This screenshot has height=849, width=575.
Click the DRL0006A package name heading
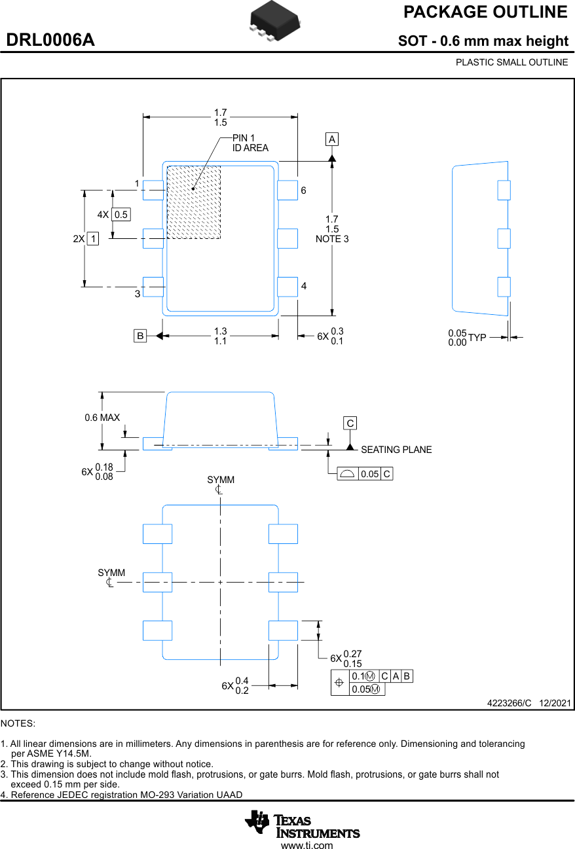[50, 40]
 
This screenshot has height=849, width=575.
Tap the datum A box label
[332, 139]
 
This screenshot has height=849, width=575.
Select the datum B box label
[140, 336]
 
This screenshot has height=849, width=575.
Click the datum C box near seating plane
[350, 423]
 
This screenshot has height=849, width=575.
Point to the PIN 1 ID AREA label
[250, 143]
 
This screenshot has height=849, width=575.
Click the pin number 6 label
[303, 190]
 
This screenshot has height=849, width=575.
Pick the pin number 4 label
[304, 286]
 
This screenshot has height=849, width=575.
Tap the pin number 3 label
[138, 294]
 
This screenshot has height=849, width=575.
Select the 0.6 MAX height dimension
[102, 417]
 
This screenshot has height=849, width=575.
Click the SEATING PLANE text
[396, 450]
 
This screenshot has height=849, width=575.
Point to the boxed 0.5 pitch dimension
[121, 215]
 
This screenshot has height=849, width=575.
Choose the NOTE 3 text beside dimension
[332, 239]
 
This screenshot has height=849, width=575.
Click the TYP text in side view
[477, 337]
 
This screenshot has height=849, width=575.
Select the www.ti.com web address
[307, 845]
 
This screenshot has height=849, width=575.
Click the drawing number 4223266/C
[509, 703]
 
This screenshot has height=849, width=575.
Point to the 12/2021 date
[555, 703]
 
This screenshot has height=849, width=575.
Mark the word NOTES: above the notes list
[18, 723]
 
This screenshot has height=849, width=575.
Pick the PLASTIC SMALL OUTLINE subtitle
[511, 62]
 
